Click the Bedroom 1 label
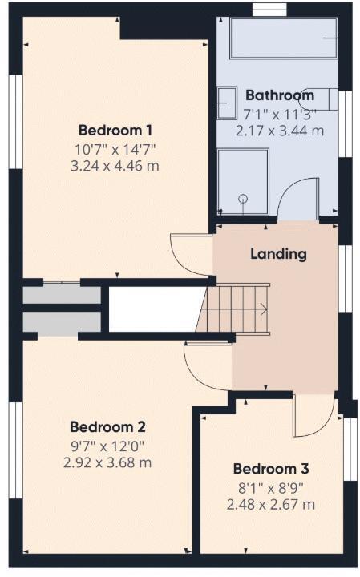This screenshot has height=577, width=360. click(x=115, y=130)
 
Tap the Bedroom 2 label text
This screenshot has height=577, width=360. click(x=107, y=426)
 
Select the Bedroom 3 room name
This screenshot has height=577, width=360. click(x=270, y=469)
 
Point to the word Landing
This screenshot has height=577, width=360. click(x=278, y=254)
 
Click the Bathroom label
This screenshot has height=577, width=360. click(x=280, y=95)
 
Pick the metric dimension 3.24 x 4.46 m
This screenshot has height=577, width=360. click(x=115, y=166)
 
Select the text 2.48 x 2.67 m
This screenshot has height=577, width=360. click(x=271, y=504)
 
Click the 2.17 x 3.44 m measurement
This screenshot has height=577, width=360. click(x=280, y=131)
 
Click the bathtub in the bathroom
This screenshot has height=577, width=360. click(x=284, y=38)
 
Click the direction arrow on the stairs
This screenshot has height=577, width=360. click(x=261, y=309)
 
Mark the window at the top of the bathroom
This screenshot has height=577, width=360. click(x=263, y=10)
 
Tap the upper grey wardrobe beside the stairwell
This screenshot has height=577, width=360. click(x=62, y=294)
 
